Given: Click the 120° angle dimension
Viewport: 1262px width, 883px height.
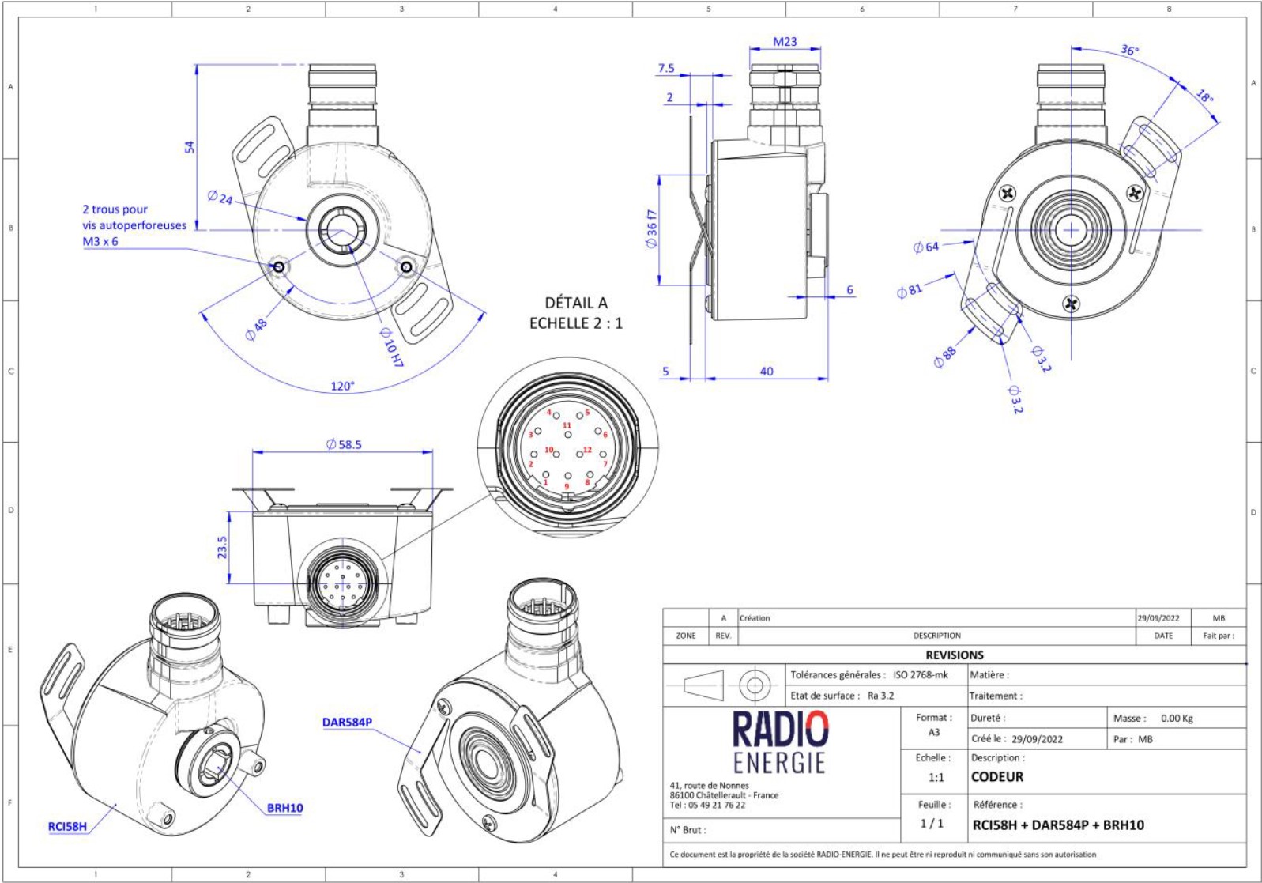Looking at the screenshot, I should [x=342, y=387].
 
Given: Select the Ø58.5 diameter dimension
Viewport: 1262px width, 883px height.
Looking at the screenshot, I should [x=344, y=444].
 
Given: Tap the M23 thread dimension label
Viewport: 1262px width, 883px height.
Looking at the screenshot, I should [x=785, y=42].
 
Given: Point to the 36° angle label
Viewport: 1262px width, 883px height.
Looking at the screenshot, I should [x=1129, y=51].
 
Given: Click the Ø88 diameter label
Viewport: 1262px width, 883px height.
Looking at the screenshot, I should [x=944, y=357].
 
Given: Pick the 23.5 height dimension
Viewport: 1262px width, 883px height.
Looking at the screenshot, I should [x=222, y=547].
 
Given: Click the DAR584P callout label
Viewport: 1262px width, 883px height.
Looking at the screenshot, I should [x=347, y=722].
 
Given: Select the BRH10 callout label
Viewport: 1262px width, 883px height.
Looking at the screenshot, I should [x=284, y=808].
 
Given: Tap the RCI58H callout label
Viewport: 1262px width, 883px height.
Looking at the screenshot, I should [x=67, y=827].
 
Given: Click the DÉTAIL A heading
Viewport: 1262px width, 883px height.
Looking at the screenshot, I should [x=576, y=303].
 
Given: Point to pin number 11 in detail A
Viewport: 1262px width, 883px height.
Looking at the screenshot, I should [x=567, y=425].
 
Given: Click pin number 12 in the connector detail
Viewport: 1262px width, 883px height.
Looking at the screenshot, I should [x=587, y=450].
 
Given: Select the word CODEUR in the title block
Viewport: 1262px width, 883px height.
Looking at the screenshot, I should [x=997, y=776].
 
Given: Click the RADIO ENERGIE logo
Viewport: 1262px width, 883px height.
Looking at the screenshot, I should [x=779, y=741].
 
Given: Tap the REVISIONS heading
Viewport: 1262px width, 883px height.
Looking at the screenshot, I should [x=955, y=655].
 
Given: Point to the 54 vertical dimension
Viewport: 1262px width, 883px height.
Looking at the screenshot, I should [x=189, y=147].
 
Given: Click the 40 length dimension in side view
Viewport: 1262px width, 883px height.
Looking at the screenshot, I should [x=766, y=372].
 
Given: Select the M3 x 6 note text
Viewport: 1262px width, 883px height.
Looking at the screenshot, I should [x=100, y=241].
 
